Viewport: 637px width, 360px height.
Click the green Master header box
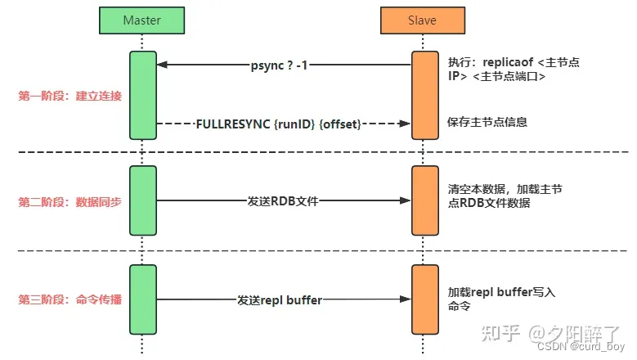coord(141,20)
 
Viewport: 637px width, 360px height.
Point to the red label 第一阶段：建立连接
coord(70,96)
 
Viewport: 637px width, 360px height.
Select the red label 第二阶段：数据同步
coord(70,201)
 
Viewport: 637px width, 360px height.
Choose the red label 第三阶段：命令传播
coord(70,300)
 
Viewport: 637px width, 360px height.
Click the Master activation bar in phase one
coord(142,95)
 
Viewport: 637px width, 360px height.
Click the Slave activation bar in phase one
coord(424,95)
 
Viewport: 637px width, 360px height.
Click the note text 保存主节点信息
coord(487,123)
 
